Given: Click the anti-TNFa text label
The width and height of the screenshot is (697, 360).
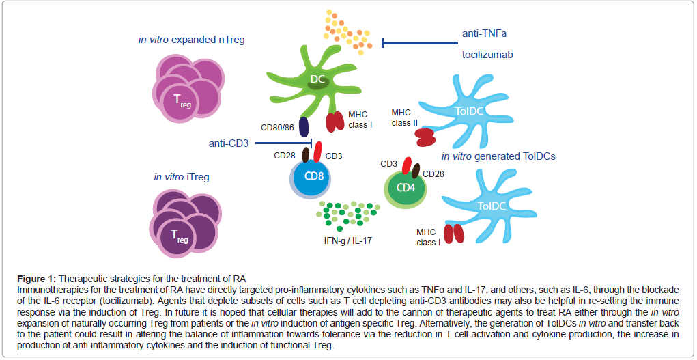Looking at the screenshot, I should pyautogui.click(x=484, y=33).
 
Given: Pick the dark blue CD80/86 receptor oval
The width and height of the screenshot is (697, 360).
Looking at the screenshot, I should pyautogui.click(x=304, y=126).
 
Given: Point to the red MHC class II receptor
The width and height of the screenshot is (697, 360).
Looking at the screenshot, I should pyautogui.click(x=427, y=137).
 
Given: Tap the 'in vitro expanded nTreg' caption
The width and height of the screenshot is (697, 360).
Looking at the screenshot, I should pyautogui.click(x=191, y=40).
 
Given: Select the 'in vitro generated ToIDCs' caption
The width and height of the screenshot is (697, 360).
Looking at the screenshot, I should pyautogui.click(x=498, y=156).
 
